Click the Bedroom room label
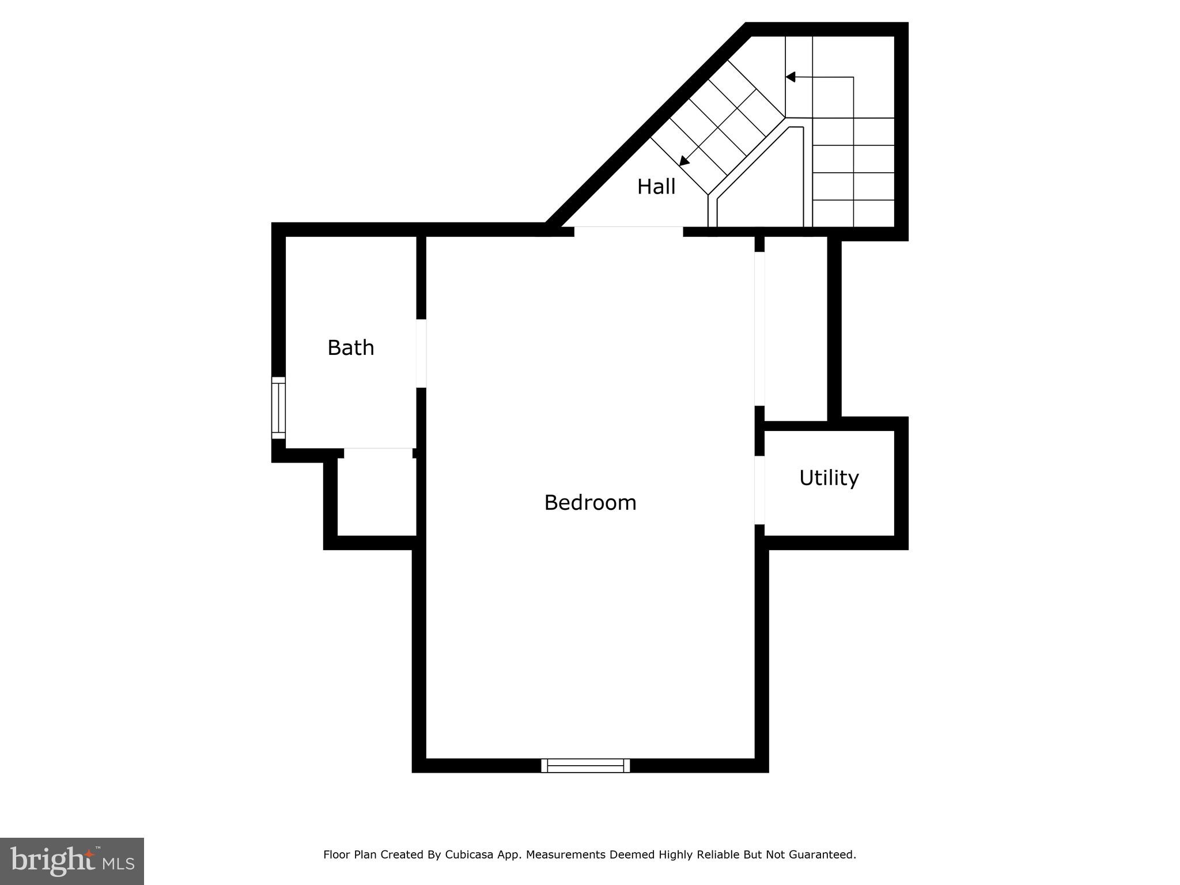[x=590, y=502]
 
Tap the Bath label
[x=350, y=347]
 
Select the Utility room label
[x=829, y=478]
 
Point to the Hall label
[x=656, y=187]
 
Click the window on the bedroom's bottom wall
[x=585, y=765]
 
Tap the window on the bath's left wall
[x=278, y=407]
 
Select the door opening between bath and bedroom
[x=421, y=353]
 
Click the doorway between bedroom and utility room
[x=759, y=490]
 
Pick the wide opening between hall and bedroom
[x=628, y=231]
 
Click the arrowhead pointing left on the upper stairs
[x=791, y=77]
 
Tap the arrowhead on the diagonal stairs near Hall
[x=684, y=161]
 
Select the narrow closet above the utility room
[x=795, y=328]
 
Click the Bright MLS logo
[x=72, y=861]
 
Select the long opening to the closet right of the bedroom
[x=759, y=328]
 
